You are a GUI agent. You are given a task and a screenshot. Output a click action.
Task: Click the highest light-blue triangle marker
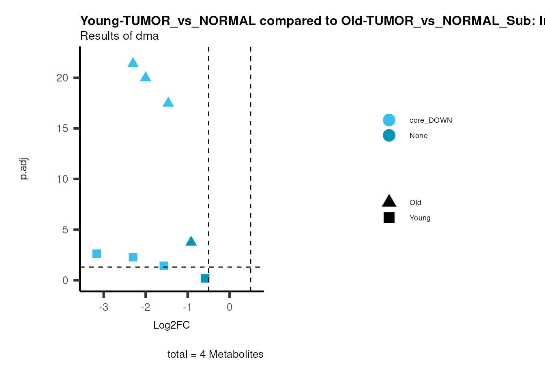coord(133,63)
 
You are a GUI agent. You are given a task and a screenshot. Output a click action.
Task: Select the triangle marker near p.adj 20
coord(146,77)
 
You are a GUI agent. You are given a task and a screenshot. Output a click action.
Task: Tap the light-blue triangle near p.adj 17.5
coord(168,103)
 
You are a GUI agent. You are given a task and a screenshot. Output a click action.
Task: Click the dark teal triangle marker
coord(191,242)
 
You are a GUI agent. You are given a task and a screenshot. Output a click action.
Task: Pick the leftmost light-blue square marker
coord(97,254)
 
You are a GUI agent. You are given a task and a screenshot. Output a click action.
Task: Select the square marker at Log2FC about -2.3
coord(133,257)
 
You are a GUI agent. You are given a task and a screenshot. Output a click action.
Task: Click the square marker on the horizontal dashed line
coord(164,266)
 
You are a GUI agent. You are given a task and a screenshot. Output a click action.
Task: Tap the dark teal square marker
coord(205,278)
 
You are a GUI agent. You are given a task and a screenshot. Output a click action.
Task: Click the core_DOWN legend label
coord(431,120)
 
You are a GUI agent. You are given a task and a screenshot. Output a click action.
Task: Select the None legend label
coord(418,136)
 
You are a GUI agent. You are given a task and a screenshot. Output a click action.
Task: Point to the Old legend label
coord(415,203)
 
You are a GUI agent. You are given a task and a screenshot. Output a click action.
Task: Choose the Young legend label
coord(420,218)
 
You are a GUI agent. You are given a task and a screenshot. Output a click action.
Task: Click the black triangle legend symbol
coord(389,201)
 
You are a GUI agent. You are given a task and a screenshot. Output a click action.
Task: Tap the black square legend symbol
coord(389,218)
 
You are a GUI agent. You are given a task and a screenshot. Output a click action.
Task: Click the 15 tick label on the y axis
coord(62,128)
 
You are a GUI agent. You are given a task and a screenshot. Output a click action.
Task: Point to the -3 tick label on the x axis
coord(103,308)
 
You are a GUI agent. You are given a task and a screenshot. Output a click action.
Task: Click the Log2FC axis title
coord(172,325)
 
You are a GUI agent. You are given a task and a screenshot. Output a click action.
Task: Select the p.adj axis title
coord(24,169)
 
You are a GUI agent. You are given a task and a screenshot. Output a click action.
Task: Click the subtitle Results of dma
coord(120,36)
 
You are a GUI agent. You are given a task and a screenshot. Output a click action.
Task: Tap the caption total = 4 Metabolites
coord(215,354)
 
